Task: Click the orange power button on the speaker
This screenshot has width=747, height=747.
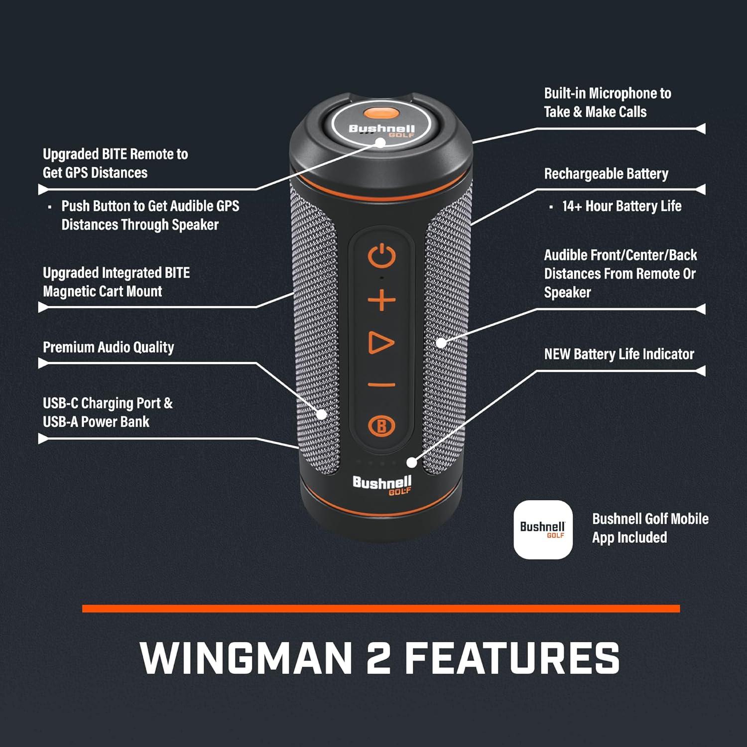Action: click(381, 257)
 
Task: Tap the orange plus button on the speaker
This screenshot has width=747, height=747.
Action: click(381, 301)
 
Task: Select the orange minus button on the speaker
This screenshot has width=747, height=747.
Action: click(381, 384)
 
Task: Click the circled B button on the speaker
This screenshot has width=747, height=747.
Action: click(381, 426)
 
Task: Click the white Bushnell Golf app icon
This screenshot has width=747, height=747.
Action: click(543, 529)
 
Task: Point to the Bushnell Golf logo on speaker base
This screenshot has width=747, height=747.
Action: click(382, 485)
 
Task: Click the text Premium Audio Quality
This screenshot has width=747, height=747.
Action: click(109, 347)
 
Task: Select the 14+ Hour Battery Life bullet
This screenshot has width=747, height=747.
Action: click(621, 206)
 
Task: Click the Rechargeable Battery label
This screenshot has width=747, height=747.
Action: click(606, 174)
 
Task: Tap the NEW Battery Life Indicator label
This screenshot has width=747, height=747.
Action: click(619, 354)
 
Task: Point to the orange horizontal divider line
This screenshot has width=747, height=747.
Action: click(381, 609)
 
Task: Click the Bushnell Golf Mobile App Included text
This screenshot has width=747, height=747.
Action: click(650, 528)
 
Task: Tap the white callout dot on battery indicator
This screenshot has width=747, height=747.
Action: click(411, 462)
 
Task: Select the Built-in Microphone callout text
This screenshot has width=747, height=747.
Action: click(608, 103)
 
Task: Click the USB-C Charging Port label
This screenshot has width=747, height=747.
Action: click(108, 412)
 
